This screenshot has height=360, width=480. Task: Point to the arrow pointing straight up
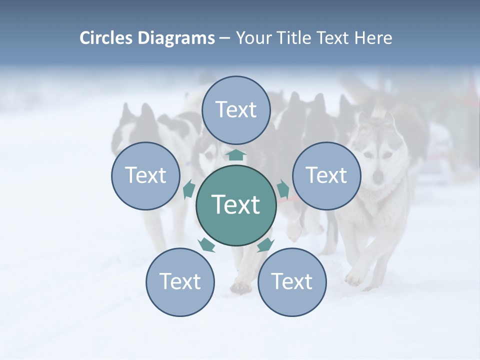pos(236,154)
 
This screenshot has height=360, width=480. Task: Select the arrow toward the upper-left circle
pos(189,189)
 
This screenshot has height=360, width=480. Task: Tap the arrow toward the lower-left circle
pos(206,244)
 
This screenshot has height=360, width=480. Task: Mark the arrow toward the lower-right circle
pos(265,244)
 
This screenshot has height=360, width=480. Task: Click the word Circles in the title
pos(107,38)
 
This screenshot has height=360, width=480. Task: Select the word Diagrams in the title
pos(176,38)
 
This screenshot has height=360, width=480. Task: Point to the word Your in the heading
pos(253,38)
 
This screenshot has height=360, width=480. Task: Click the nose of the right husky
pos(378,176)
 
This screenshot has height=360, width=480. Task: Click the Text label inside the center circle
pos(236,204)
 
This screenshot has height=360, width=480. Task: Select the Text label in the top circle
pos(236,109)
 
